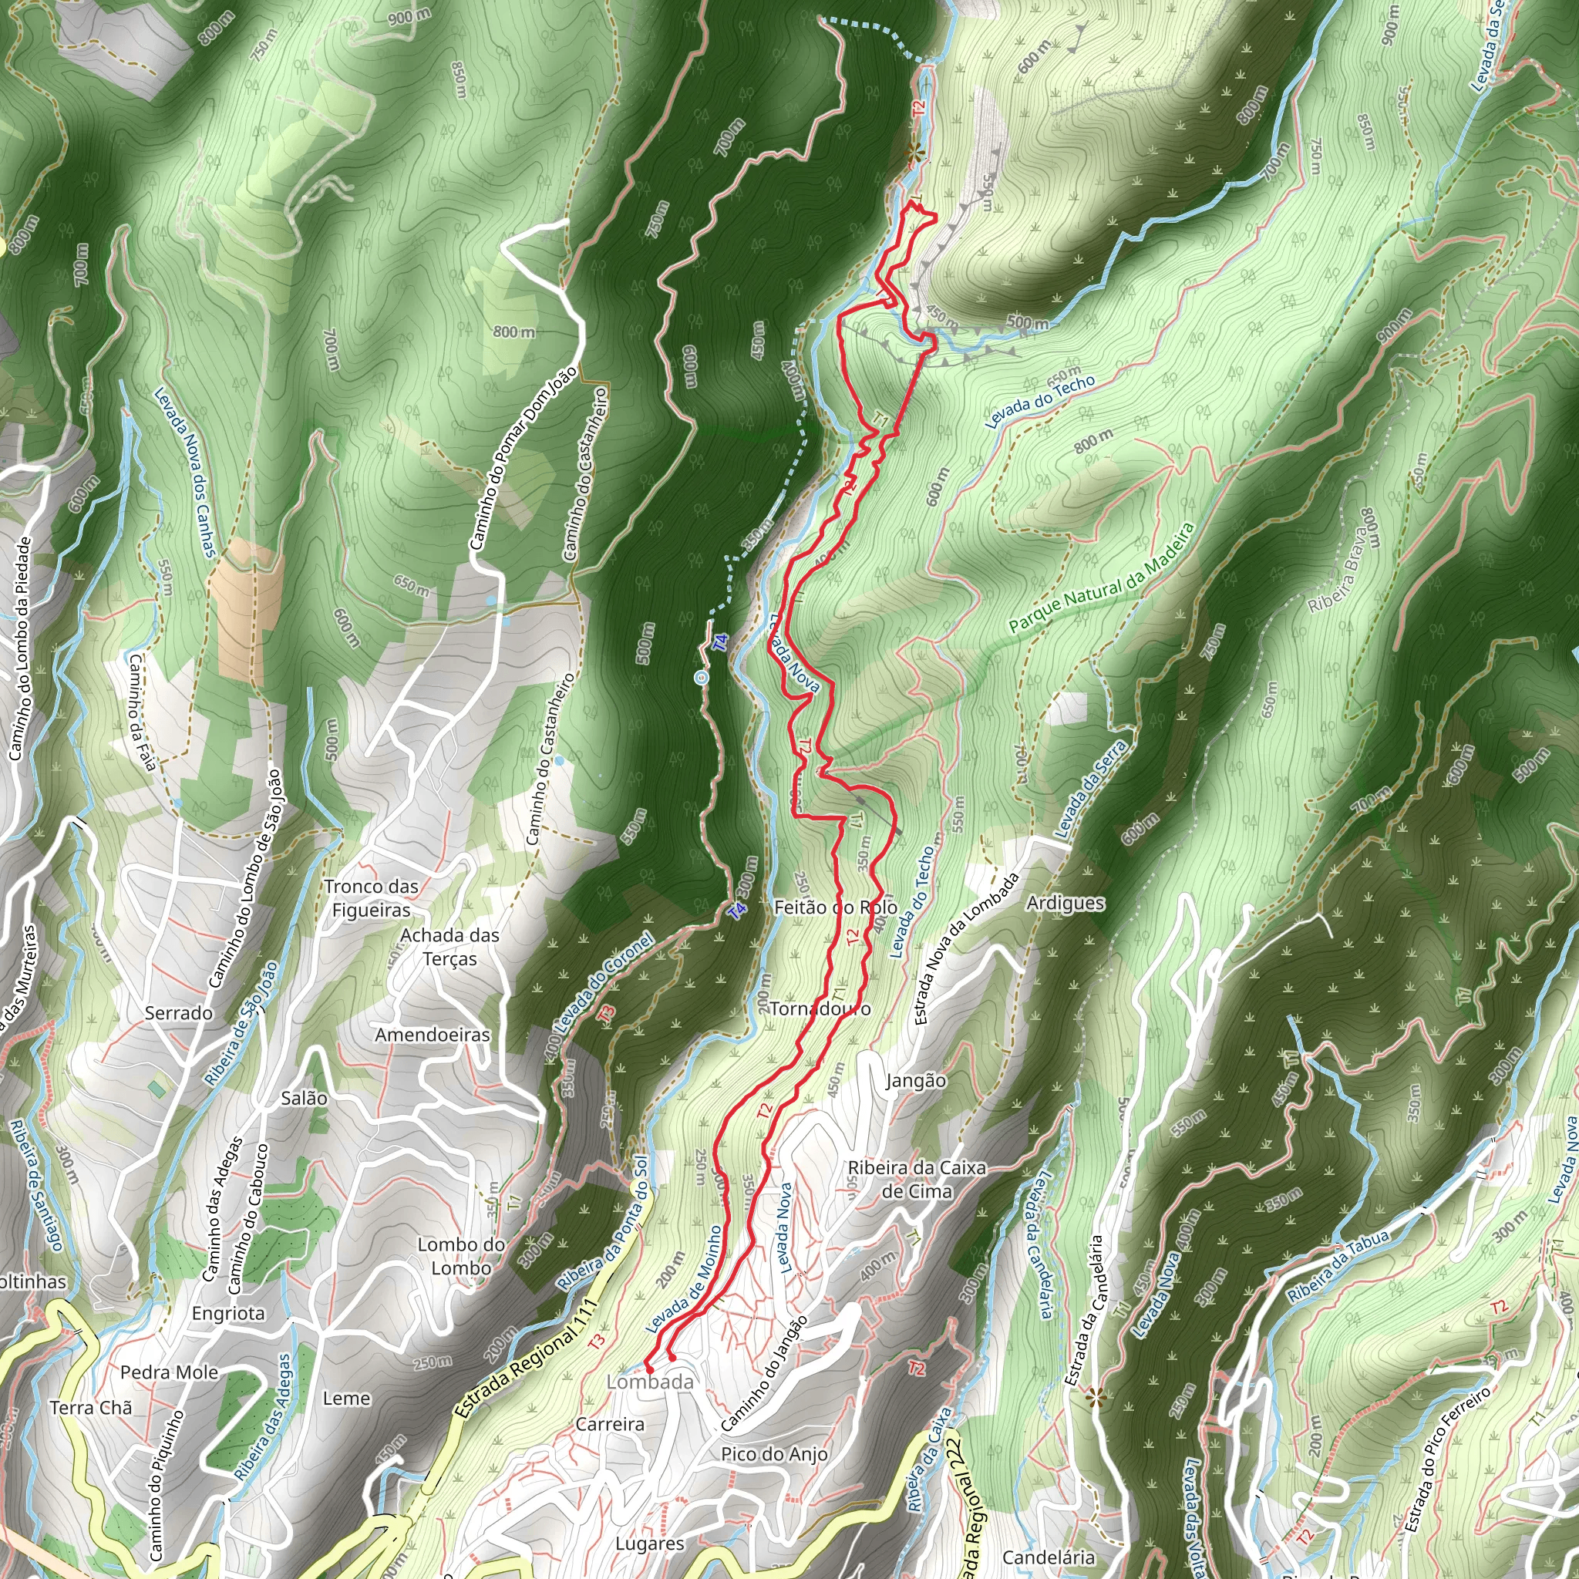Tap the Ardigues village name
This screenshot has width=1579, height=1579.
coord(1065,903)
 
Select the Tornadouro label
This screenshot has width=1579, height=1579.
coord(820,1009)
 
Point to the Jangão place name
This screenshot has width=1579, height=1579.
coord(915,1080)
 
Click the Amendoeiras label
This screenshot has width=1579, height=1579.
coord(433,1035)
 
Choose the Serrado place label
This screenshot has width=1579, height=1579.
coord(178,1012)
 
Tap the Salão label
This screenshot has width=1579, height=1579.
coord(304,1098)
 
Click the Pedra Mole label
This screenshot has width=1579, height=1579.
coord(169,1372)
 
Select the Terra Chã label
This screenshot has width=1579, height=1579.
coord(91,1407)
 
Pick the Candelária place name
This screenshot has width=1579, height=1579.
coord(1048,1557)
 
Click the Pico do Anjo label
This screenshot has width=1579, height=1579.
coord(774,1453)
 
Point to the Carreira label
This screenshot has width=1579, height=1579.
coord(610,1424)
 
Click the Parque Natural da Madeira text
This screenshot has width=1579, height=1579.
coord(1102,577)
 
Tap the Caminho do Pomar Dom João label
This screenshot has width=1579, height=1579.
coord(524,458)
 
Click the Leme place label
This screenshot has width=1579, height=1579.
coord(346,1399)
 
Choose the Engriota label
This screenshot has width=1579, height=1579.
coord(228,1313)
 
